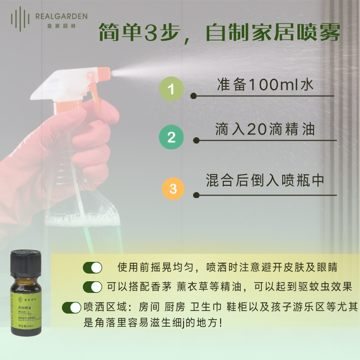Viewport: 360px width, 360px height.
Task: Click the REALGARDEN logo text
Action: [61, 17]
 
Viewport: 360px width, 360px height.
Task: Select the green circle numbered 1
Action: [171, 89]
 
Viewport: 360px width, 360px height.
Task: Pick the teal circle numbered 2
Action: [171, 137]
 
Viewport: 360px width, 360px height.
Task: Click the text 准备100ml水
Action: [265, 85]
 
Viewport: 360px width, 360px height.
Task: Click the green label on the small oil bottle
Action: [27, 310]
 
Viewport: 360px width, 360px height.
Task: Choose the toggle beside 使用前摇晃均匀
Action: [93, 267]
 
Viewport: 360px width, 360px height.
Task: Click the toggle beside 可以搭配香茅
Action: [93, 287]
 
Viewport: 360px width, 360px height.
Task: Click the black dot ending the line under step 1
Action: [193, 96]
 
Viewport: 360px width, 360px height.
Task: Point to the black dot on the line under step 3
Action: [196, 195]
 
